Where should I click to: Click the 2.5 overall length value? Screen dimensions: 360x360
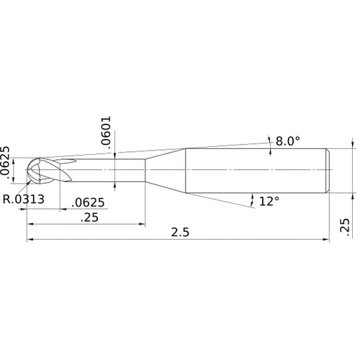(180, 233)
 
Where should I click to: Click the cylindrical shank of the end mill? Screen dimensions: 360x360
(256, 170)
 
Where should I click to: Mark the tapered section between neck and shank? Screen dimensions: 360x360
(166, 170)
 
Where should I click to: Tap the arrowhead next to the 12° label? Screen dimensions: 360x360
(251, 197)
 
